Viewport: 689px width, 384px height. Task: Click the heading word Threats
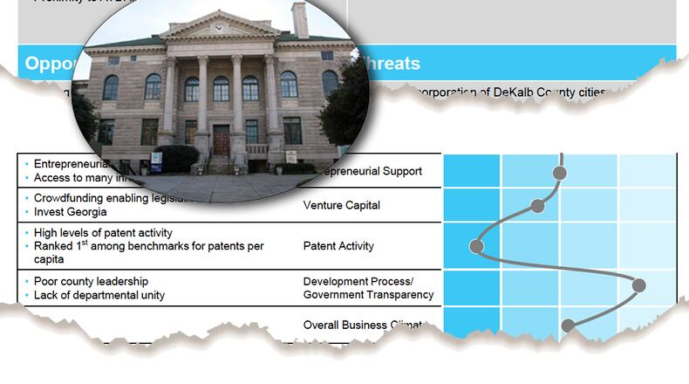tap(389, 64)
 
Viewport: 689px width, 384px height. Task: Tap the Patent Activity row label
tap(338, 246)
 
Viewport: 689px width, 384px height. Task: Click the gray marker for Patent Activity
tap(476, 246)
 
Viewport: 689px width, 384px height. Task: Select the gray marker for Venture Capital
tap(538, 206)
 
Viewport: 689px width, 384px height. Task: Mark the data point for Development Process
tap(639, 285)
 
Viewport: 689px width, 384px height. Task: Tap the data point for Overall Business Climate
tap(569, 326)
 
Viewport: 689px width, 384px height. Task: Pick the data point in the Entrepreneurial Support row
tap(560, 173)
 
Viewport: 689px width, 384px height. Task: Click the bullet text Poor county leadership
tap(91, 281)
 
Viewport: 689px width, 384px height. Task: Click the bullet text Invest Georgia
tap(71, 212)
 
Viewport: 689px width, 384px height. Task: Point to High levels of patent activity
tap(103, 233)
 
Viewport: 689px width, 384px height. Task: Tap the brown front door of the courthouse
tap(222, 140)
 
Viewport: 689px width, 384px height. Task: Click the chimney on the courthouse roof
tap(300, 19)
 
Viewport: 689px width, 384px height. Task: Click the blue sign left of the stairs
tap(156, 161)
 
